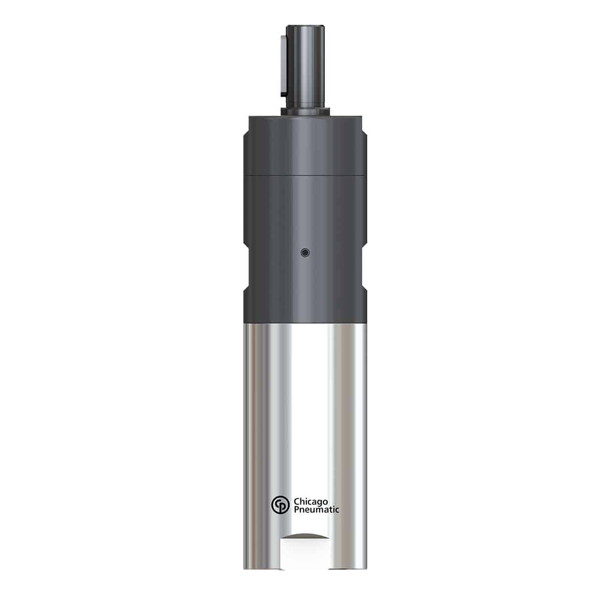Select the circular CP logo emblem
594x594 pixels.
279,506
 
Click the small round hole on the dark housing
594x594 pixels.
305,253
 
